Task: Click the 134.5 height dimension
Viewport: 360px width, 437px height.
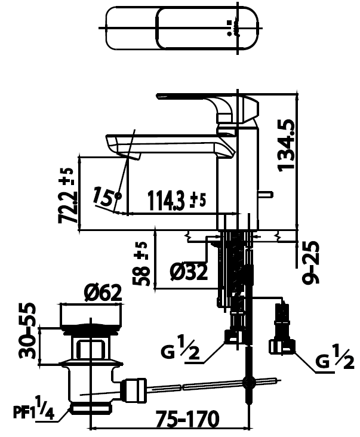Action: (x=286, y=145)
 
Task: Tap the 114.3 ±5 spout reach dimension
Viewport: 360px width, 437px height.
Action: (x=176, y=201)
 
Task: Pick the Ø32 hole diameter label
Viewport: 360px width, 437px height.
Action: (x=189, y=272)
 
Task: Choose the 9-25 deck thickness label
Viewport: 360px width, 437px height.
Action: (x=310, y=262)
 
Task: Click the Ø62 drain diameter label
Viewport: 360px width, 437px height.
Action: (x=103, y=293)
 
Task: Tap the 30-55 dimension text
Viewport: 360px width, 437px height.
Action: (x=27, y=330)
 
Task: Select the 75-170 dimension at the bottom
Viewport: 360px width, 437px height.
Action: (x=187, y=418)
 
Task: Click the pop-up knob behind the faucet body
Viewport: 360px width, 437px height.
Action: (x=265, y=195)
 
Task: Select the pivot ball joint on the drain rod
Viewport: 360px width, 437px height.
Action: (x=248, y=383)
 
